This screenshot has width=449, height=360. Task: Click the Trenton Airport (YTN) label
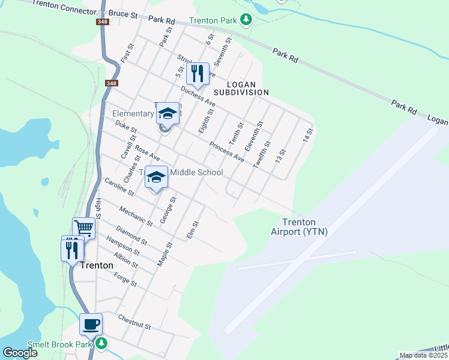(x=298, y=226)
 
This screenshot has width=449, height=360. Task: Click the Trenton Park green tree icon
(x=246, y=20)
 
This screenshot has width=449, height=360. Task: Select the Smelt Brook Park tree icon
(x=101, y=343)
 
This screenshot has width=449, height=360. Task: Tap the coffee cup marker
(x=91, y=325)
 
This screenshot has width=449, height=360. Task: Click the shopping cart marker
(x=84, y=228)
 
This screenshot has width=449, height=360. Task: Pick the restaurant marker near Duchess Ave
(x=197, y=74)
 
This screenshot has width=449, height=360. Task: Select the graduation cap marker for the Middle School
(x=156, y=177)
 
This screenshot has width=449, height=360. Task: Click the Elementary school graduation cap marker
(x=168, y=113)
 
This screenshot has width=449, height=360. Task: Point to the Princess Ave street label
(x=227, y=151)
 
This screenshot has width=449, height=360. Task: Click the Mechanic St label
(x=136, y=216)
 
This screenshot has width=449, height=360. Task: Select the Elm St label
(x=193, y=230)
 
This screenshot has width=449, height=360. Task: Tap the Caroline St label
(x=118, y=186)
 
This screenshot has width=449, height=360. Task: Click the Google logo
(x=20, y=353)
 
